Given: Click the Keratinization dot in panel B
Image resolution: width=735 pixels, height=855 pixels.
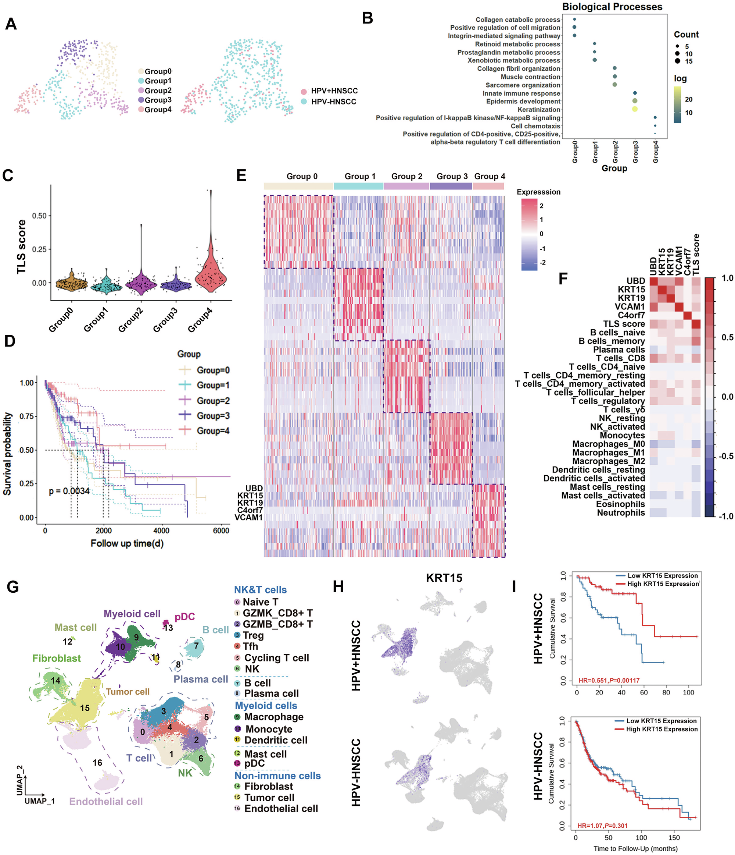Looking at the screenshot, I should [x=634, y=109].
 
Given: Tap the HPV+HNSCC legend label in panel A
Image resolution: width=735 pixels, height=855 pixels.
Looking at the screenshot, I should [x=334, y=91].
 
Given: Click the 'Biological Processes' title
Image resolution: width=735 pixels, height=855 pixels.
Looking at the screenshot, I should [x=612, y=7].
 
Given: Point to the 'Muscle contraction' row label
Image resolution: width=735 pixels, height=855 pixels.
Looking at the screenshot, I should [x=530, y=77].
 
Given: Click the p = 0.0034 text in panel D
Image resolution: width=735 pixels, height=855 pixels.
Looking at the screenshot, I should [x=69, y=491].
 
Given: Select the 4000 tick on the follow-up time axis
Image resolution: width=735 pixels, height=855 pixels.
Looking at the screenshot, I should [x=161, y=531].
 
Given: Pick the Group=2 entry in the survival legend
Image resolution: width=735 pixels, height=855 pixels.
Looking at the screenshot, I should [x=213, y=401].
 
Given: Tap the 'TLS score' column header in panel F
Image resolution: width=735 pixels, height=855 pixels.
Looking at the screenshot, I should [x=696, y=254].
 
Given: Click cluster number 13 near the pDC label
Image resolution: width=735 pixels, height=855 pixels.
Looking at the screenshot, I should [x=168, y=628].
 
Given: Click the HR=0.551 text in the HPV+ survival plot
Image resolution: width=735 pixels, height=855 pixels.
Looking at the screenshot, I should [x=609, y=680].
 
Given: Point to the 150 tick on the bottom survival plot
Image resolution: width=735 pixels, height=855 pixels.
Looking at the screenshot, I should [x=674, y=838].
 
